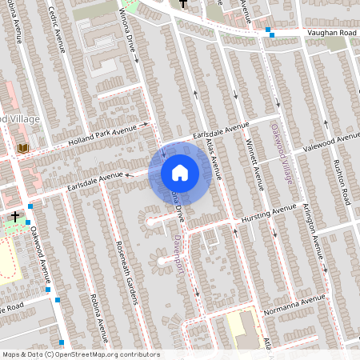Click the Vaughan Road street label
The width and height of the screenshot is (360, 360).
[x=330, y=33]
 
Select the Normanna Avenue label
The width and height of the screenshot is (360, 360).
[x=299, y=302]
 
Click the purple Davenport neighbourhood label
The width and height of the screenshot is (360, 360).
[x=180, y=252]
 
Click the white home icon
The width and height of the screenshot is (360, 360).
[x=180, y=172]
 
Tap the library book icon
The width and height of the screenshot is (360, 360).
[x=22, y=149]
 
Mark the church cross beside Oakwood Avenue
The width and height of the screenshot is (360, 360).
[x=14, y=217]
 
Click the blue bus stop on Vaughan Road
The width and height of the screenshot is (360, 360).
[x=270, y=34]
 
